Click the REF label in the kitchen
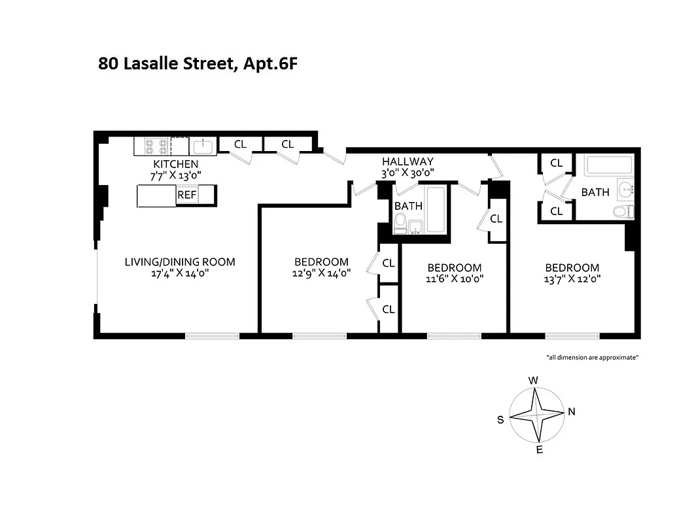click(x=186, y=195)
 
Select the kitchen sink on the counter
click(x=203, y=145)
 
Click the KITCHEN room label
click(x=175, y=163)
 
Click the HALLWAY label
click(x=408, y=161)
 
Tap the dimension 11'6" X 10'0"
click(x=454, y=279)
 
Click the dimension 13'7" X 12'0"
click(x=572, y=279)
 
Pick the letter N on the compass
click(x=571, y=412)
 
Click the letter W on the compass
click(x=534, y=380)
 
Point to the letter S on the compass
click(x=500, y=420)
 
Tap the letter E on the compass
click(x=539, y=450)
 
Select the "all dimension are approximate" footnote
click(x=592, y=357)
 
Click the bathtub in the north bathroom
click(x=609, y=165)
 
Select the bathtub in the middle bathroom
click(x=435, y=209)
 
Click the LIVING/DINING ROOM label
click(x=180, y=262)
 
